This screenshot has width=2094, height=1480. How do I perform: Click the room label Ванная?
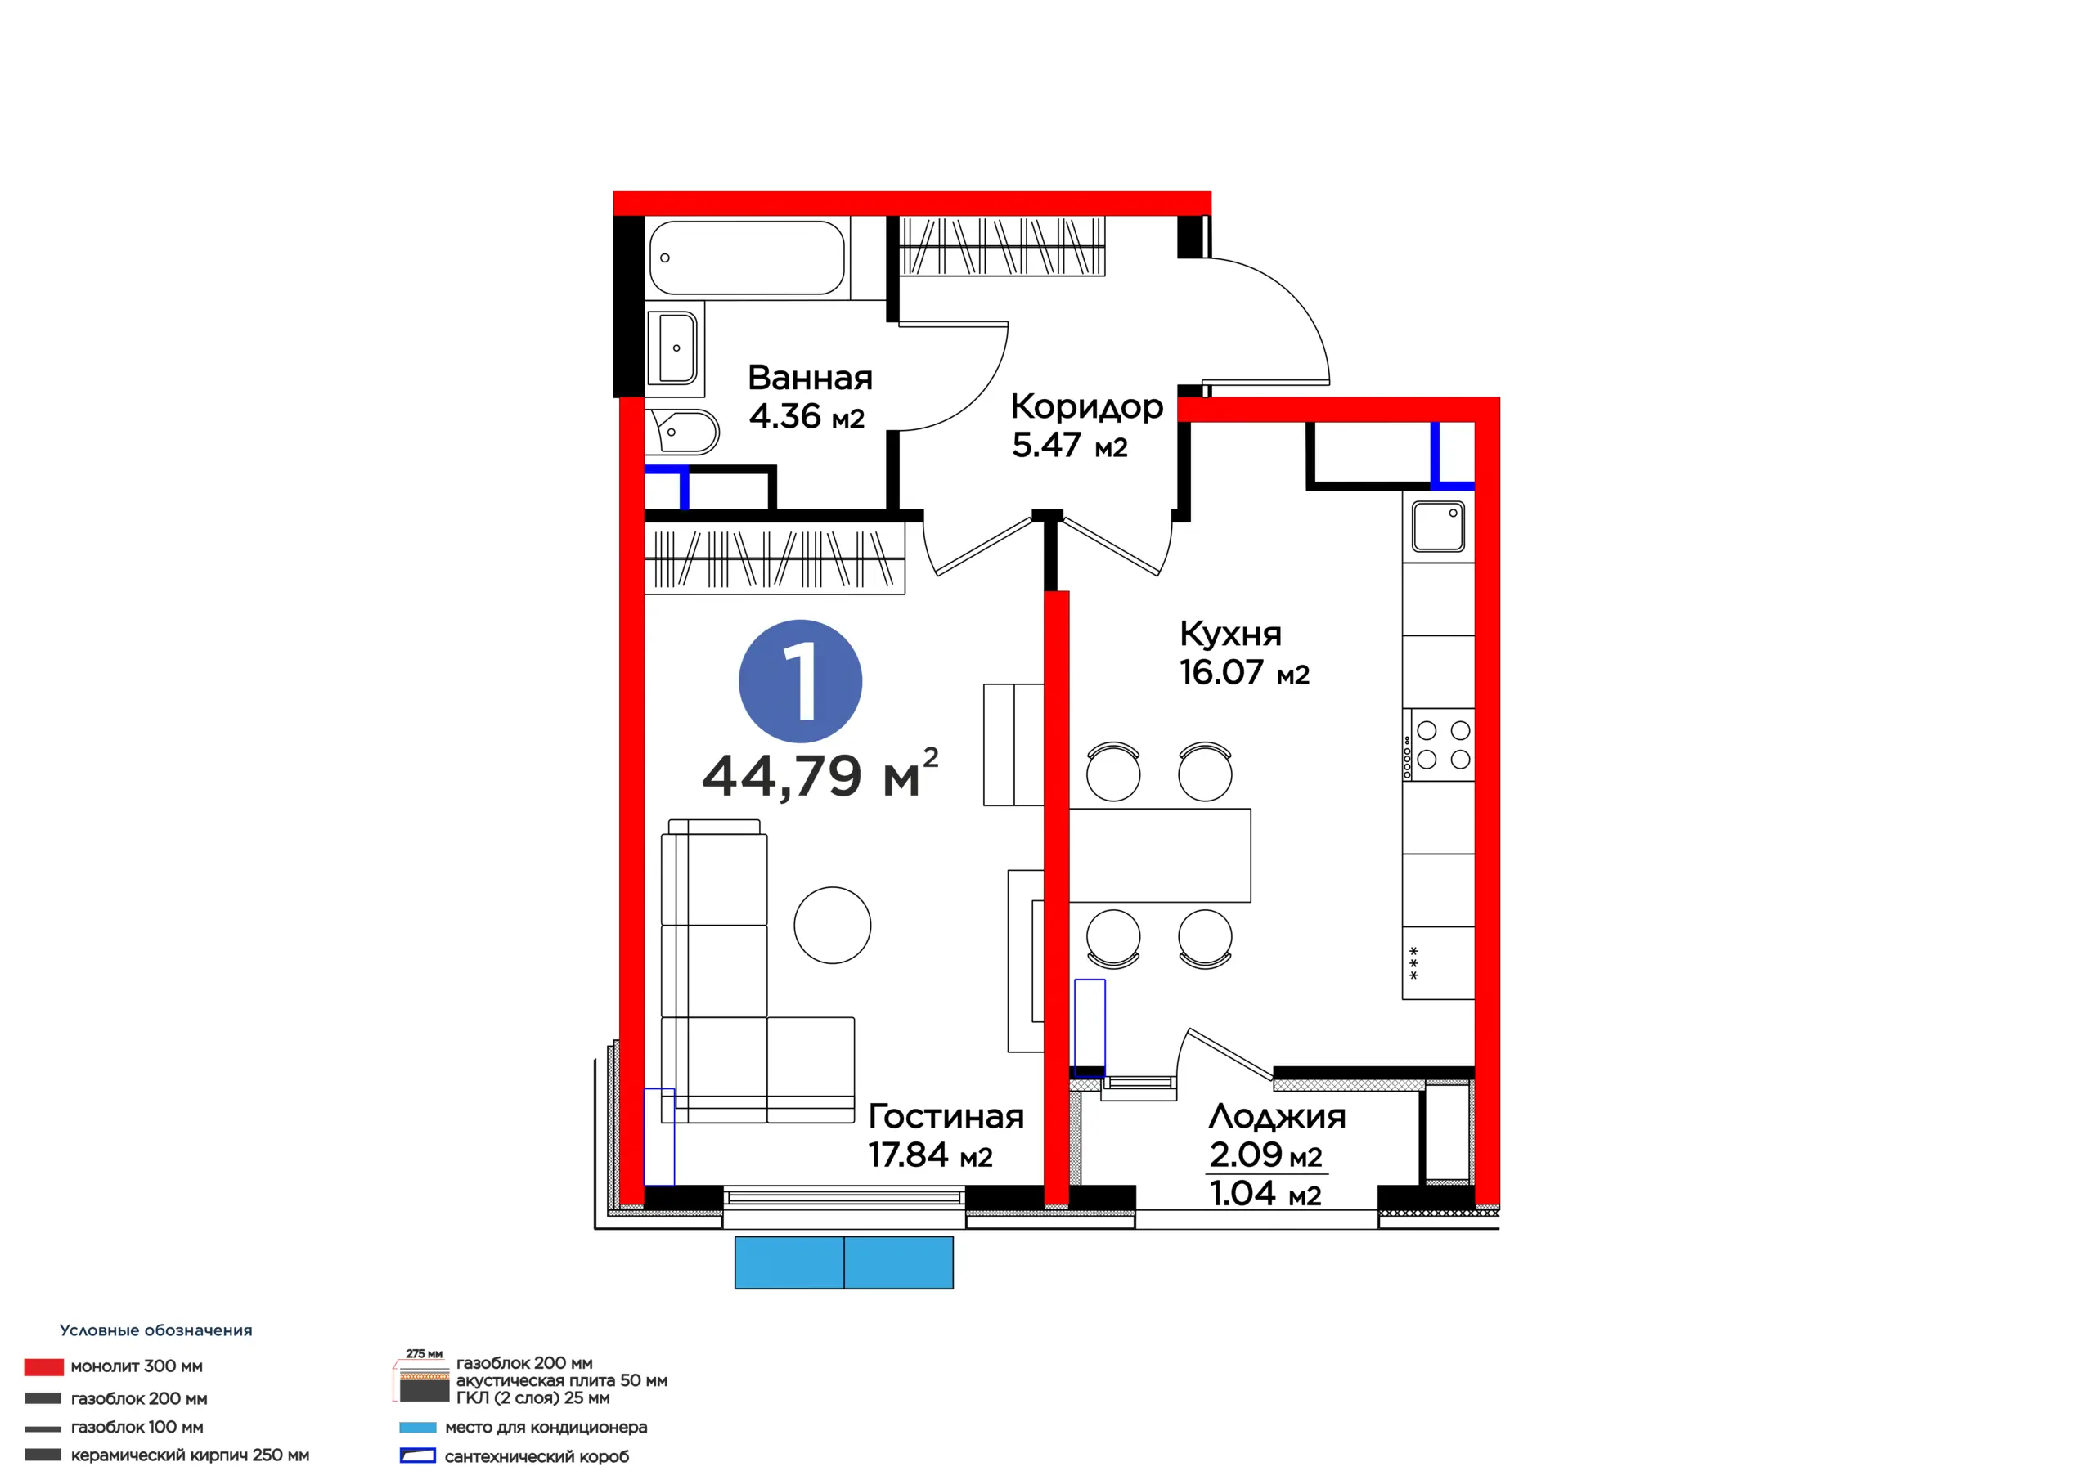[810, 378]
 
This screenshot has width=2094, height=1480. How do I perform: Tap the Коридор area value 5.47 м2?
[1069, 445]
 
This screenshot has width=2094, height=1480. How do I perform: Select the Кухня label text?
[1230, 634]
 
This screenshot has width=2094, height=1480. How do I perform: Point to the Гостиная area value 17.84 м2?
[929, 1155]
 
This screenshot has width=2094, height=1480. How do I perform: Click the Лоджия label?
[1277, 1116]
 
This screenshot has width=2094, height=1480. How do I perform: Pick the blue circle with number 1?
[800, 681]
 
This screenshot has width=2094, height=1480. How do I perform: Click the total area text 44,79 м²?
[820, 774]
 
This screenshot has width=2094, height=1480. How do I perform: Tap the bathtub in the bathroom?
[747, 258]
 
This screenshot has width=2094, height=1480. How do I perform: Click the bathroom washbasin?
[672, 348]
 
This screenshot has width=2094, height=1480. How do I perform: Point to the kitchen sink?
[1438, 526]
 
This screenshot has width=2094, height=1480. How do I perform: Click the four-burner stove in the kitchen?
[1438, 744]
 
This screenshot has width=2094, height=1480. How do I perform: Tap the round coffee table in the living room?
[833, 926]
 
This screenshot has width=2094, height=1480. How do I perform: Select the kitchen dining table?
[1159, 855]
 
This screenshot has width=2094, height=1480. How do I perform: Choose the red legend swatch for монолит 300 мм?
[44, 1367]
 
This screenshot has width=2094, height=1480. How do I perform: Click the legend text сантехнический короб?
[537, 1457]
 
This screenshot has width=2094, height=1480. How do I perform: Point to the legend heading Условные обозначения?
[156, 1330]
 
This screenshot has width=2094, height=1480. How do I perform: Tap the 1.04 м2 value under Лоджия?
[1265, 1194]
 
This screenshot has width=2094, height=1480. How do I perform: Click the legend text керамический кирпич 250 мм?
[190, 1455]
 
